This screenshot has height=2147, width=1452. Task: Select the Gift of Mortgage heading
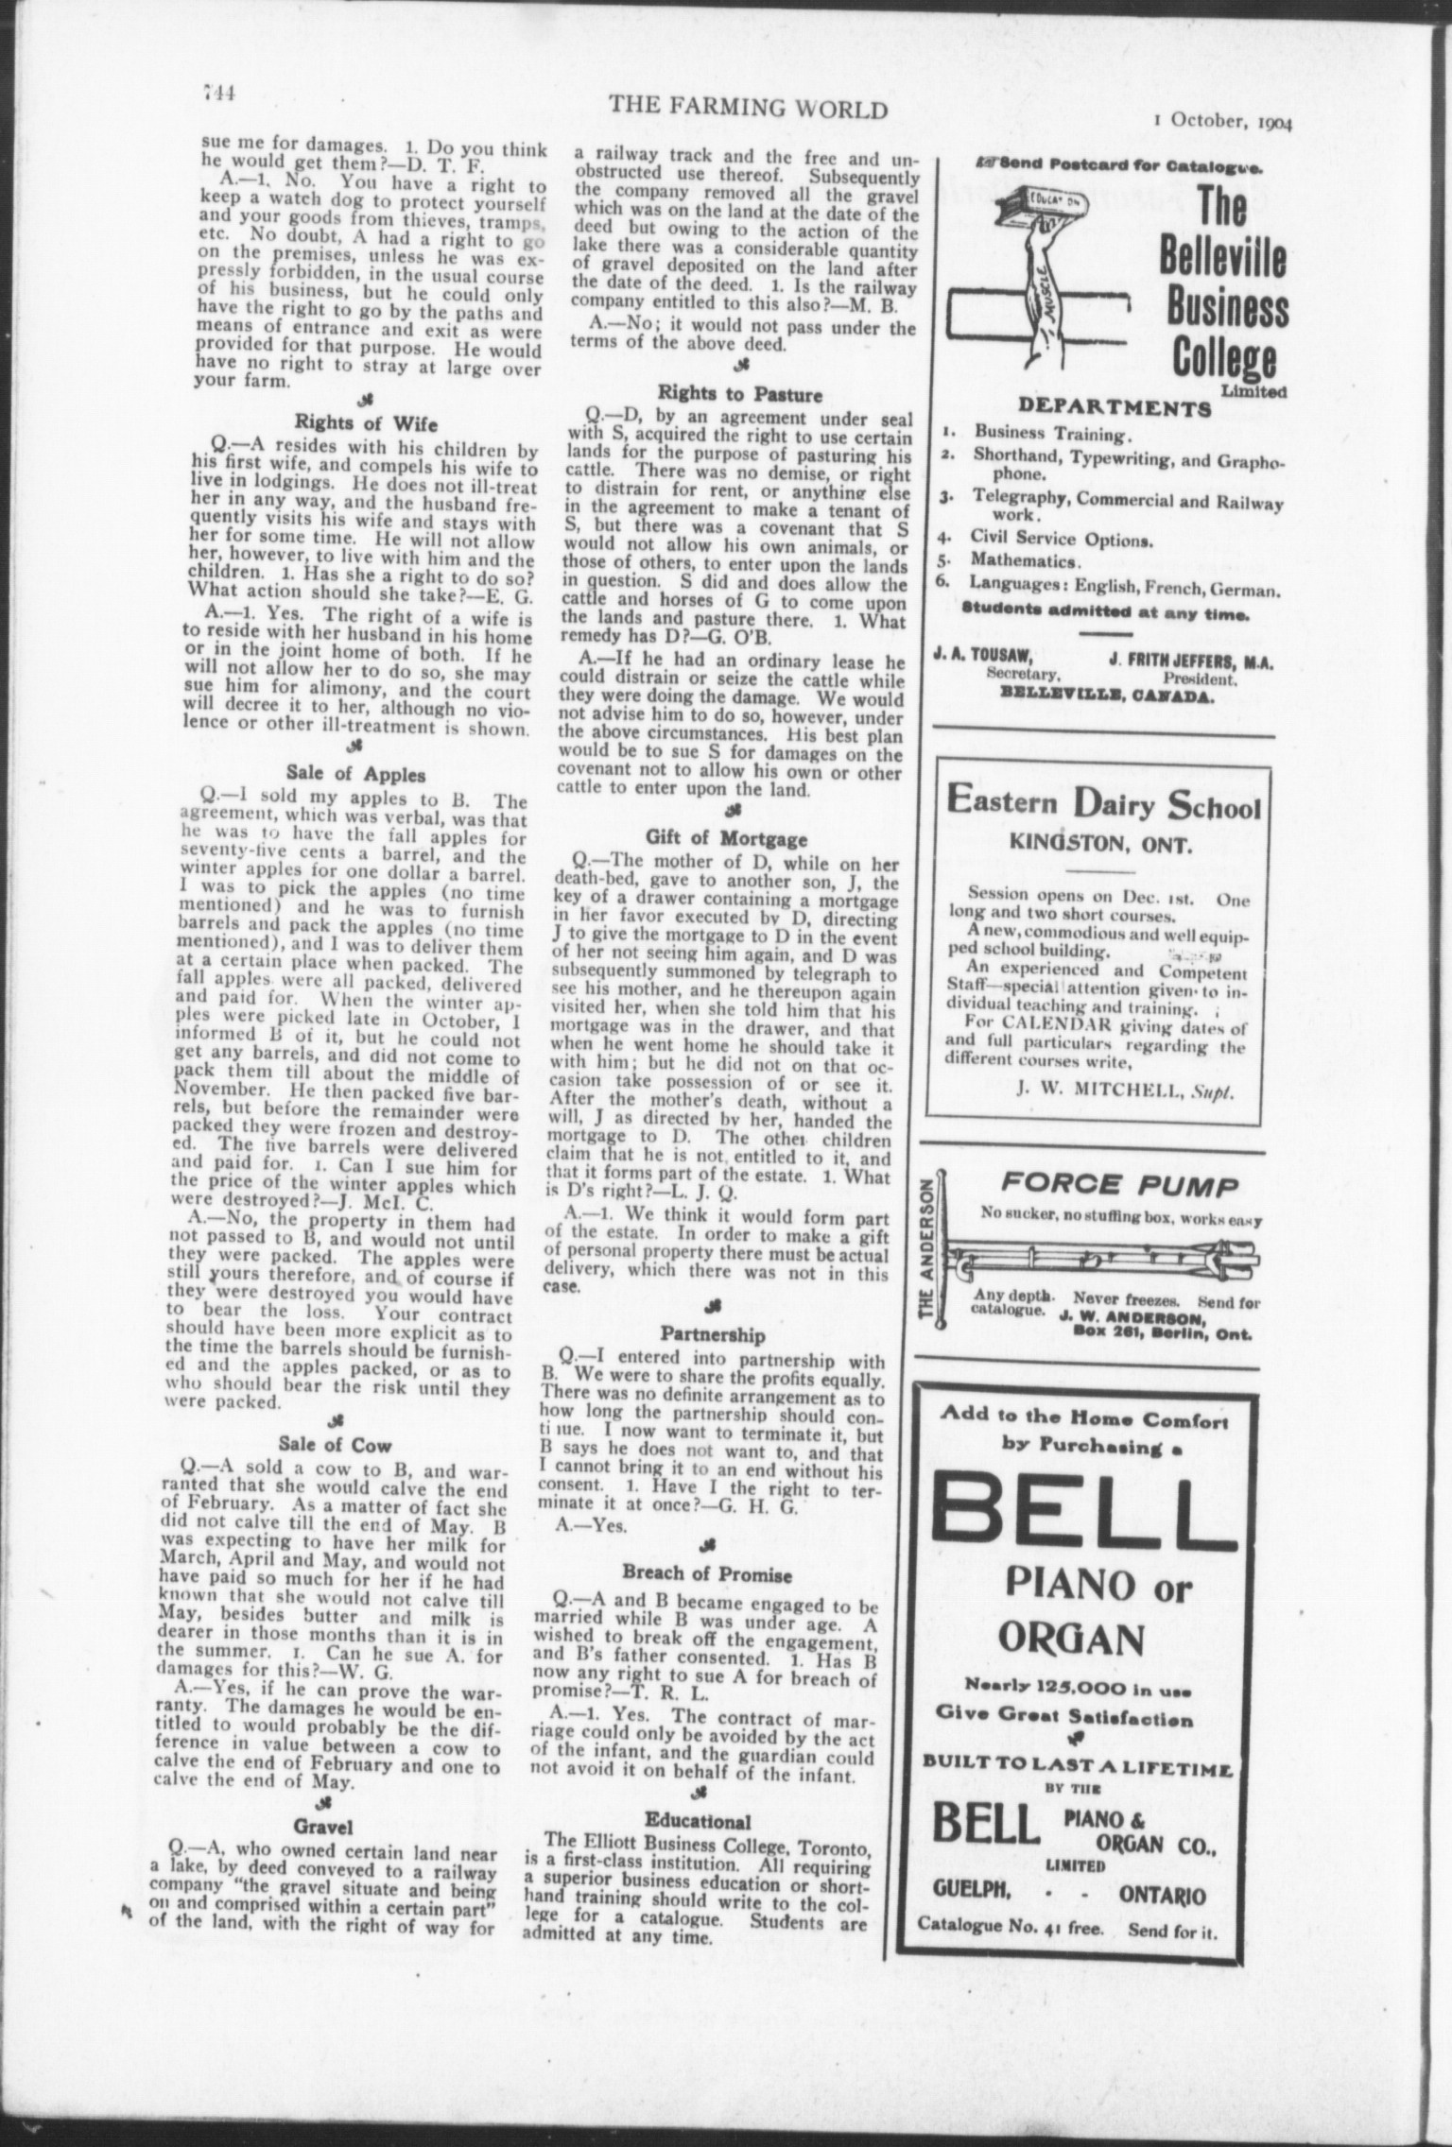(726, 837)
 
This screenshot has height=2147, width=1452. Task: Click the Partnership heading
(712, 1335)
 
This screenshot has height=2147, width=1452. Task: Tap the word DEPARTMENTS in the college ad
(1114, 409)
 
